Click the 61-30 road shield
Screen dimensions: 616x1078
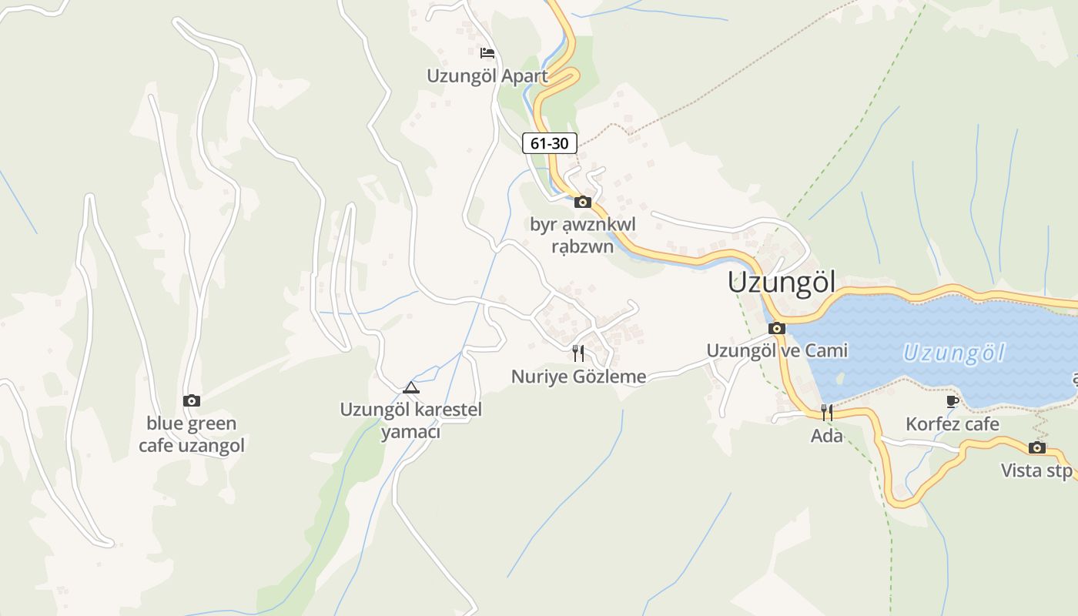click(x=550, y=143)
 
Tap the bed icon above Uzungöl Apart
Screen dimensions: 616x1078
click(x=487, y=53)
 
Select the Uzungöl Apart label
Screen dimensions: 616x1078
click(x=487, y=76)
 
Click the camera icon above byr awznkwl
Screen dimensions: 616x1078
click(x=583, y=203)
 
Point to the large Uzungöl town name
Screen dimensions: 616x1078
click(x=782, y=283)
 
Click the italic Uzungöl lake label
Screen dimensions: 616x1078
click(x=954, y=353)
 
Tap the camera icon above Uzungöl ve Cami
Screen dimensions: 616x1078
click(x=777, y=329)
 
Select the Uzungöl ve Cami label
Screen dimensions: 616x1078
click(x=777, y=351)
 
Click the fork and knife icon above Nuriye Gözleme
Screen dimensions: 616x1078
click(x=578, y=353)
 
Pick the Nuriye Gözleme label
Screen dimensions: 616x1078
click(x=578, y=377)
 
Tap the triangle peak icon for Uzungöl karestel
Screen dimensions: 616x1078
click(x=411, y=387)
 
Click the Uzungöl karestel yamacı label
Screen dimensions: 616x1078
click(x=411, y=420)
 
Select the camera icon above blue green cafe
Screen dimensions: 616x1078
click(x=192, y=400)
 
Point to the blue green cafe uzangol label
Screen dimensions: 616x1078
click(x=192, y=434)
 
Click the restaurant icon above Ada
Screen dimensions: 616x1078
click(x=826, y=413)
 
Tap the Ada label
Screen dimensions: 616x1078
click(x=826, y=437)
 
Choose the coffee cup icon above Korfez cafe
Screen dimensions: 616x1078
click(x=952, y=401)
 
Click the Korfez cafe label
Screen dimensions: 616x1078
click(x=952, y=424)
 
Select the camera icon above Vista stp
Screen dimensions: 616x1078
click(x=1037, y=448)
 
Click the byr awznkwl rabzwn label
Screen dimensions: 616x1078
click(x=583, y=236)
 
